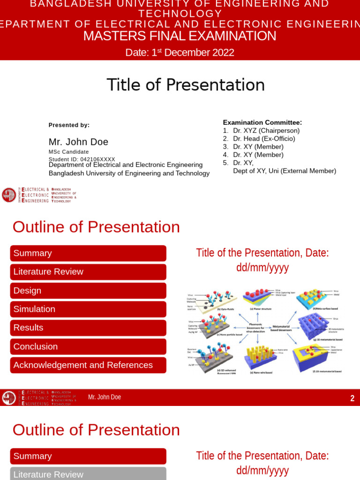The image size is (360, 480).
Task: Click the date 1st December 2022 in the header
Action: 180,52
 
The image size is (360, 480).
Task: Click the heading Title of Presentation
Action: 186,85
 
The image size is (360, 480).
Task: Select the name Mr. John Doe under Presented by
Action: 78,142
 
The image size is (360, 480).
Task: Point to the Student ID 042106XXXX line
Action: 82,159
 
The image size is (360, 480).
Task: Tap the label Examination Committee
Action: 262,122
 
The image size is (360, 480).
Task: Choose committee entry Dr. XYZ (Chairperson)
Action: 266,131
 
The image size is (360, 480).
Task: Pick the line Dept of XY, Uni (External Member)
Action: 285,171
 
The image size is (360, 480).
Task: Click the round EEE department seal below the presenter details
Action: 9,195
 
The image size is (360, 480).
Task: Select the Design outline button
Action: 88,291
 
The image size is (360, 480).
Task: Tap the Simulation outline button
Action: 88,309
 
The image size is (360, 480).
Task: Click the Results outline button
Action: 88,328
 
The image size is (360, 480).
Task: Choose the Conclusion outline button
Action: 88,346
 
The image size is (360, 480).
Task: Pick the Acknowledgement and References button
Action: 88,365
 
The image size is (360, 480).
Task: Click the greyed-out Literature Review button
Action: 88,474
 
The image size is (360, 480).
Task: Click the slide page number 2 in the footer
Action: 352,398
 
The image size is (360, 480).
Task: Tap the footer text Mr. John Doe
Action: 105,397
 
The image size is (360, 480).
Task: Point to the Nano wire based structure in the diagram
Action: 260,358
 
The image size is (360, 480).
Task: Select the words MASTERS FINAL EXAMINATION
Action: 180,36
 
